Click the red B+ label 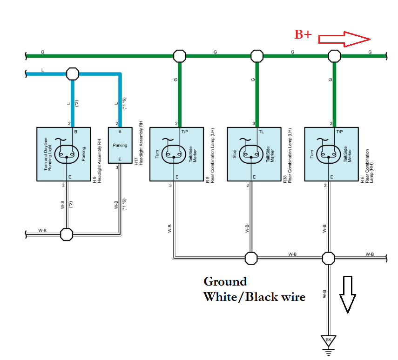click(x=303, y=34)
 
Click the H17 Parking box click(x=120, y=145)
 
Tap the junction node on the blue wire click(x=73, y=73)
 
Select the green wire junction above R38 click(x=257, y=56)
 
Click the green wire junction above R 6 click(x=334, y=56)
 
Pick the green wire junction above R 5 click(x=179, y=56)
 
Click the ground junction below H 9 click(x=67, y=234)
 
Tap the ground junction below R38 click(x=251, y=258)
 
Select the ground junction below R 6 click(x=329, y=258)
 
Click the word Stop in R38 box click(x=235, y=154)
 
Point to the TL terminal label click(x=261, y=132)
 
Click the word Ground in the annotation click(x=225, y=281)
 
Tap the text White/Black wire click(x=254, y=297)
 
